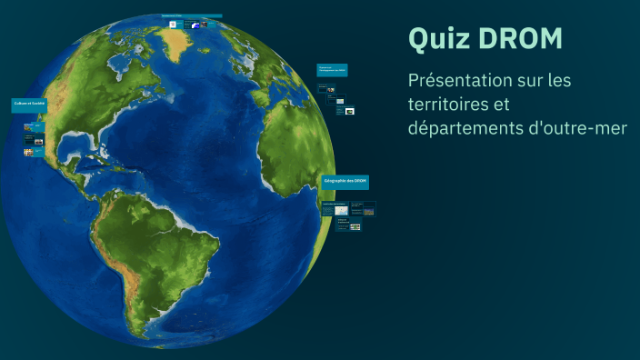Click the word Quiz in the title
point(435,39)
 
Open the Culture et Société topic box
point(29,104)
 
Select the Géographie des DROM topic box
point(345,182)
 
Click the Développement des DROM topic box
point(332,69)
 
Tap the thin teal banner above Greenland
point(192,16)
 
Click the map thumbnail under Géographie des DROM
point(341,210)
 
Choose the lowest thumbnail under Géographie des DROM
point(355,226)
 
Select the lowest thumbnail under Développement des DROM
point(349,111)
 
